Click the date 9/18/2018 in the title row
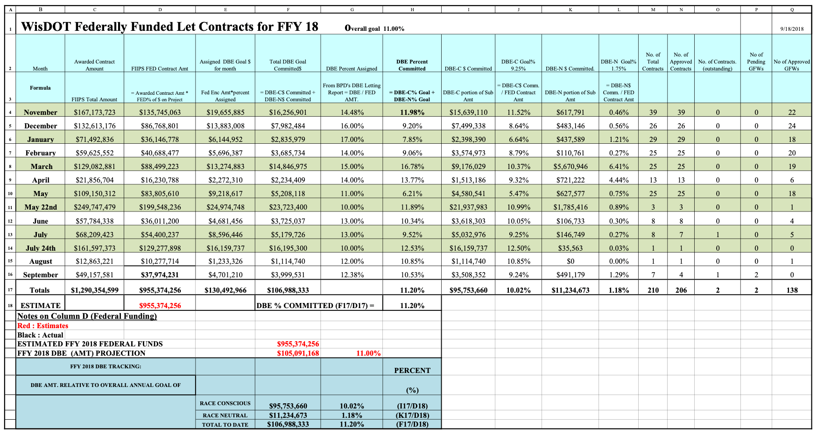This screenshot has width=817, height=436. [792, 29]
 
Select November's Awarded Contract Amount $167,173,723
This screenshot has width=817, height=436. [95, 113]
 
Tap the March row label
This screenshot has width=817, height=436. [42, 167]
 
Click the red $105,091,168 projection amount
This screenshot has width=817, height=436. [298, 353]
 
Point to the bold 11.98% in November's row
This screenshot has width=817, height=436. [412, 113]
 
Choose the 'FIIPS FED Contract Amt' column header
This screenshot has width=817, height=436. [160, 69]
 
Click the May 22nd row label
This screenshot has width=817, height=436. [41, 207]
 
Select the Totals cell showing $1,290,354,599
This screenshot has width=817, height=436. [95, 290]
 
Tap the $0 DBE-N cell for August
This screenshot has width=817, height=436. [570, 261]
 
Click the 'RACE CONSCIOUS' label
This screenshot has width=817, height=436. [225, 403]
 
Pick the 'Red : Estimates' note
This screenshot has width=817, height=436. [43, 326]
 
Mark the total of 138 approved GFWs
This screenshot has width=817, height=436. [792, 290]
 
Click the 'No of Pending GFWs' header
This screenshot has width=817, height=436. [756, 62]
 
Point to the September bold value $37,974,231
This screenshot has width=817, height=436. [160, 275]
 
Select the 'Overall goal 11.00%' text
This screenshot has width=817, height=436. [374, 28]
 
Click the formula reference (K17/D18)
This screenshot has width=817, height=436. [412, 415]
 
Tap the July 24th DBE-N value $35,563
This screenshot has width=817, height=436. [570, 248]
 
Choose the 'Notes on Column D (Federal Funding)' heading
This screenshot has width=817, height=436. [87, 316]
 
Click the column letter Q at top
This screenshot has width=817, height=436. [792, 9]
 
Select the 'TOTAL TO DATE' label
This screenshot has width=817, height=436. [225, 425]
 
